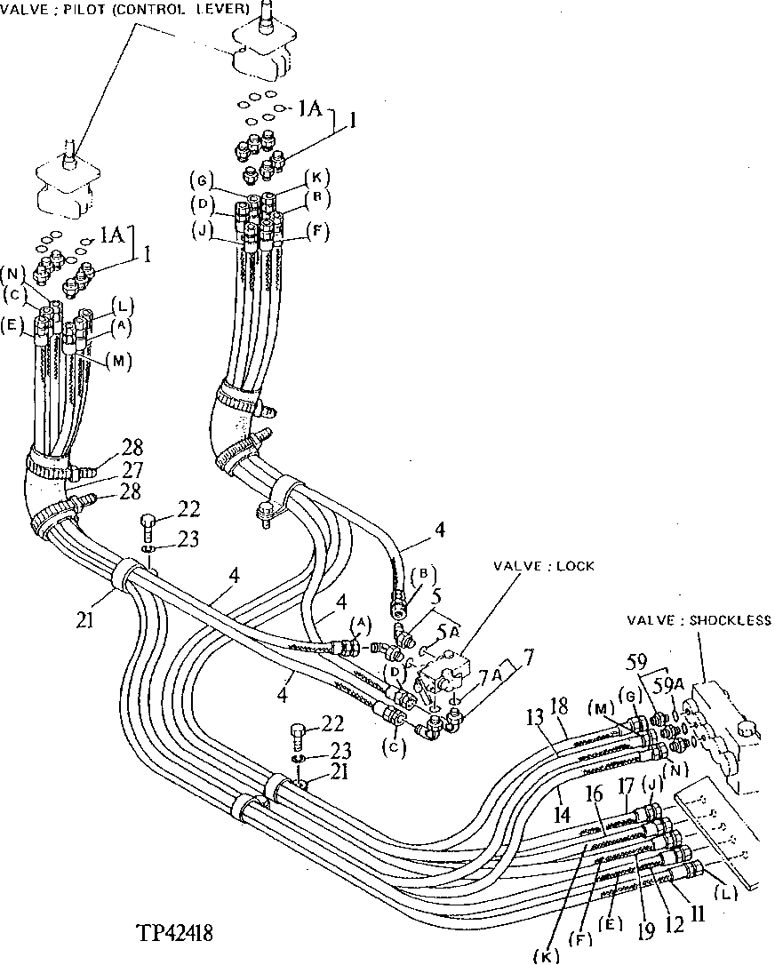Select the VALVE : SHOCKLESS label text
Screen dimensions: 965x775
(699, 621)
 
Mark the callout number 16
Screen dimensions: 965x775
(594, 791)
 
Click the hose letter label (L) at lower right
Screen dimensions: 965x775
(727, 893)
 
